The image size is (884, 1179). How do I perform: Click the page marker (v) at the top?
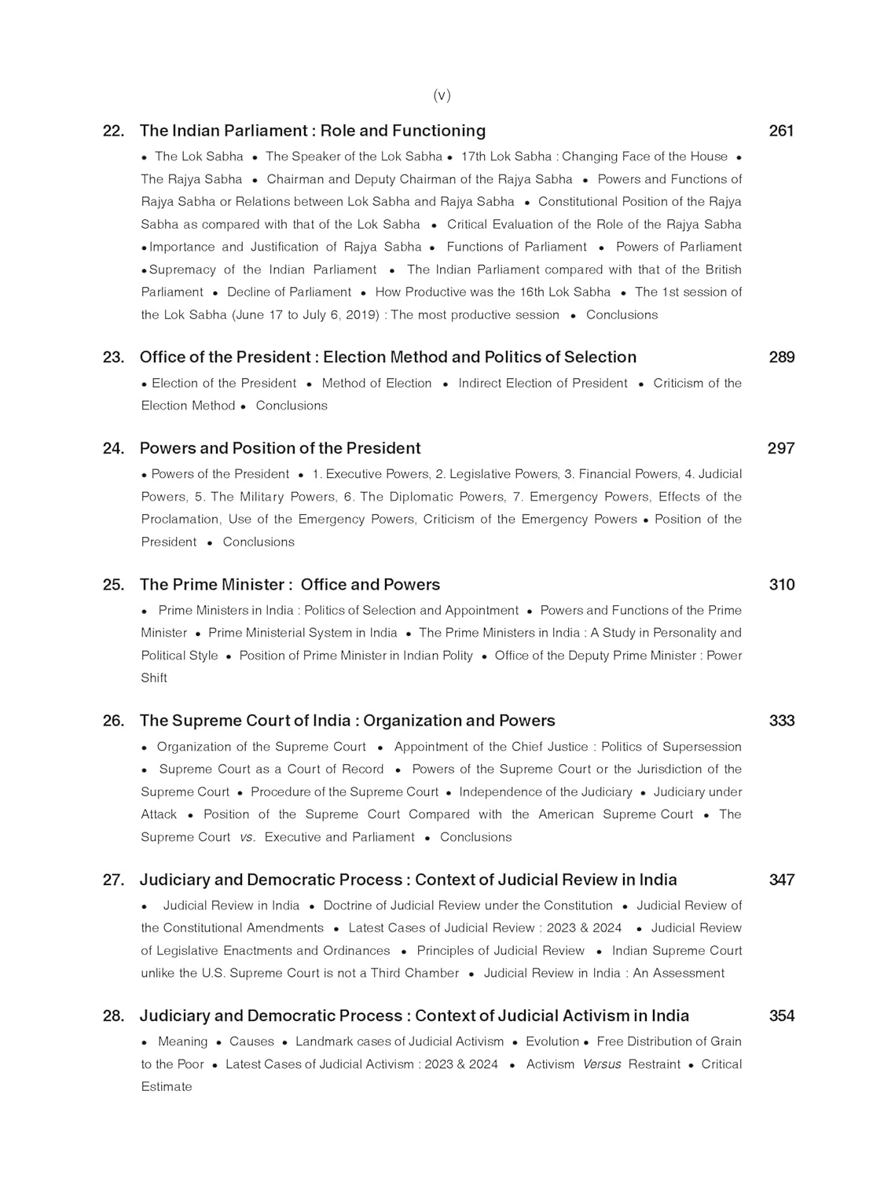442,95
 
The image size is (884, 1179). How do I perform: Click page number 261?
781,130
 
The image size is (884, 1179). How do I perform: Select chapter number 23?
113,357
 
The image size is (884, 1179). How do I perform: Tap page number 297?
781,448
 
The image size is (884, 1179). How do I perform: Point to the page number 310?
782,585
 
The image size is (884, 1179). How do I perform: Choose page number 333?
782,721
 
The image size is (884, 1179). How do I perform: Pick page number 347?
782,880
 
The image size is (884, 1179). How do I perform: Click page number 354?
782,1016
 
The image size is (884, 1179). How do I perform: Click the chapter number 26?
113,721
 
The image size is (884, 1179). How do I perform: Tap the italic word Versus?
602,1064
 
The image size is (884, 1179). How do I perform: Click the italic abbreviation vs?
248,837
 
